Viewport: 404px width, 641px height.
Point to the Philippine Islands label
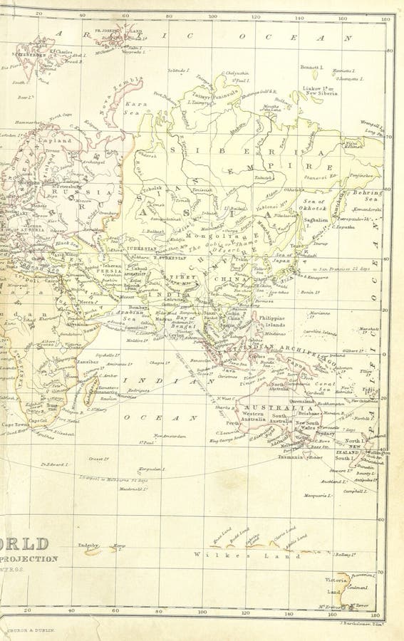[271, 321]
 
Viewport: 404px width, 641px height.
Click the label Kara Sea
[136, 108]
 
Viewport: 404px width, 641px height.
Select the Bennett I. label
[311, 68]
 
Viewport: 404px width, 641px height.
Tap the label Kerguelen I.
[152, 469]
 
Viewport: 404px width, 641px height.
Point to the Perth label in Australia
[233, 423]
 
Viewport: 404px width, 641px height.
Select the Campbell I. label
[354, 491]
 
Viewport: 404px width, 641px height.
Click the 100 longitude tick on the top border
[212, 15]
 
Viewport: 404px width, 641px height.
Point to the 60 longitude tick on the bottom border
[115, 610]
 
